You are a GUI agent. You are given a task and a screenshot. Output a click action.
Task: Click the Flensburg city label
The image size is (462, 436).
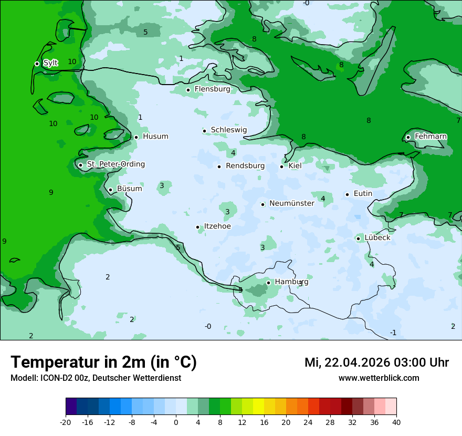212,89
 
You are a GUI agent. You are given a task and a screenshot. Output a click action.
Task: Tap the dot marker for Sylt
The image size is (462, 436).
37,64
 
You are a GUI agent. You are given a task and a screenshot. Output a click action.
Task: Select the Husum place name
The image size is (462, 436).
155,137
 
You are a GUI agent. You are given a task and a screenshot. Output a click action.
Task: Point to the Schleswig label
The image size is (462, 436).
228,130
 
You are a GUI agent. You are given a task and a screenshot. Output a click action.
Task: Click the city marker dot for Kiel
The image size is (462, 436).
281,167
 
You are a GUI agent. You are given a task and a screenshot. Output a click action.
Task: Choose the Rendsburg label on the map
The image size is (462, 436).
245,166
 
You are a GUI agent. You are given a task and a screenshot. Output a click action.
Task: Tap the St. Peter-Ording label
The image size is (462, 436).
115,164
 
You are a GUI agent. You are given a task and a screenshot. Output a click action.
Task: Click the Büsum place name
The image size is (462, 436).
129,189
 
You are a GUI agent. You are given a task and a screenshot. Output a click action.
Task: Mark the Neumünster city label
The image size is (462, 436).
291,203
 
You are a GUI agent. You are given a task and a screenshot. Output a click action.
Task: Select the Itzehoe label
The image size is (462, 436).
217,226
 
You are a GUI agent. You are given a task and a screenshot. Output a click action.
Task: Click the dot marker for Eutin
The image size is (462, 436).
347,194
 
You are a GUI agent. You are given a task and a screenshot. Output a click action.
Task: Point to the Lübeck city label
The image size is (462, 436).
377,237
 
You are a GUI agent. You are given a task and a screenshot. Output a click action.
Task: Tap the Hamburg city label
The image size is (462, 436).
291,282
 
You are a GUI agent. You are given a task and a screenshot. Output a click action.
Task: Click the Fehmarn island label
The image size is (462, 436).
430,137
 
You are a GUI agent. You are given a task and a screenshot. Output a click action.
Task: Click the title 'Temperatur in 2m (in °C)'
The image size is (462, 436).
103,362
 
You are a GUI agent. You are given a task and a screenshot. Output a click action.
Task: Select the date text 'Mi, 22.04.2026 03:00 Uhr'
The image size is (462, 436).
376,362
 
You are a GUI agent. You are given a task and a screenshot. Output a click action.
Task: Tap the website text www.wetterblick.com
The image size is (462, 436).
379,378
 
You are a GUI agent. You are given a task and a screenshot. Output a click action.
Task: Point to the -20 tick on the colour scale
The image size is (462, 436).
66,422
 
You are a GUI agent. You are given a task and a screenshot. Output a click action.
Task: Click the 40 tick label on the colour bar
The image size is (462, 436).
396,422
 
